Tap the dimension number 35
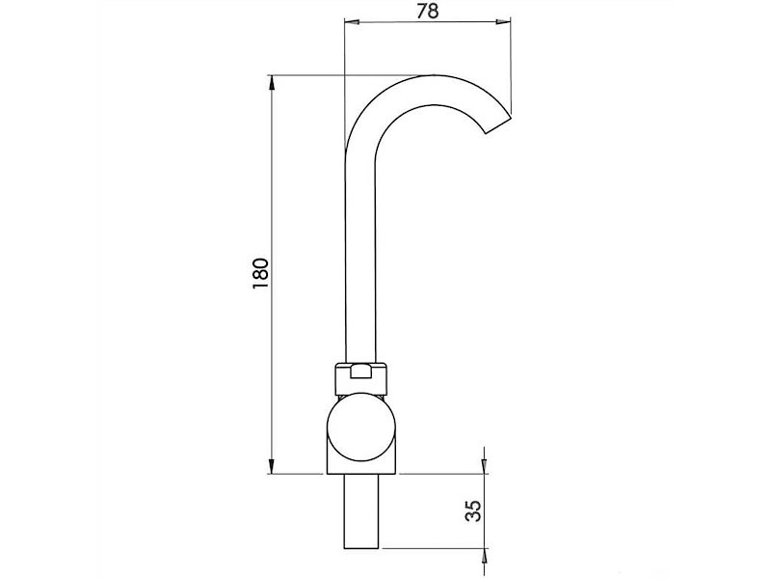point(473,511)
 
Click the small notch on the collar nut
point(361,372)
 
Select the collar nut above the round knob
point(361,378)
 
